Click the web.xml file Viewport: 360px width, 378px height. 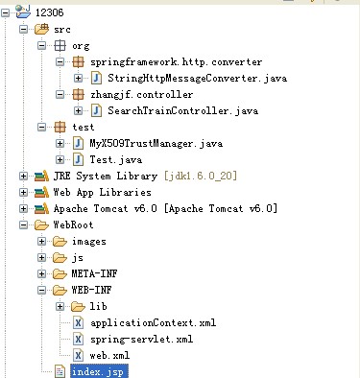(109, 355)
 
